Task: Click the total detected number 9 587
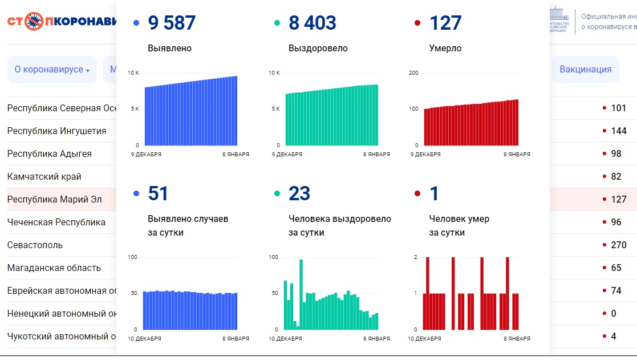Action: point(172,23)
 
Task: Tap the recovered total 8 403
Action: point(313,23)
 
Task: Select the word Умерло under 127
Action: point(445,48)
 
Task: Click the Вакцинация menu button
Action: point(585,70)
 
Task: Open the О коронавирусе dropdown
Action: point(52,70)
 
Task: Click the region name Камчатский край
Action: point(44,177)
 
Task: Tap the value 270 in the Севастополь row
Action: point(618,245)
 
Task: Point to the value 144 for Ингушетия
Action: point(618,131)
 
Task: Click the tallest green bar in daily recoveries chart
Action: point(301,294)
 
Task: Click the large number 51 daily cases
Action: point(158,194)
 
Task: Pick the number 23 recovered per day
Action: point(299,194)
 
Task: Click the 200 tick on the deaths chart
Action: point(414,73)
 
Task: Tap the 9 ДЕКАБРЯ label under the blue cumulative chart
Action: point(146,154)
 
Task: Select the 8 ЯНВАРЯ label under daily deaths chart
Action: point(517,338)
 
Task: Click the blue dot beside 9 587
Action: point(136,23)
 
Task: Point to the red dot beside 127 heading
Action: point(417,23)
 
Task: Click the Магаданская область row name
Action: point(54,268)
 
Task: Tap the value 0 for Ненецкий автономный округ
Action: point(614,314)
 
